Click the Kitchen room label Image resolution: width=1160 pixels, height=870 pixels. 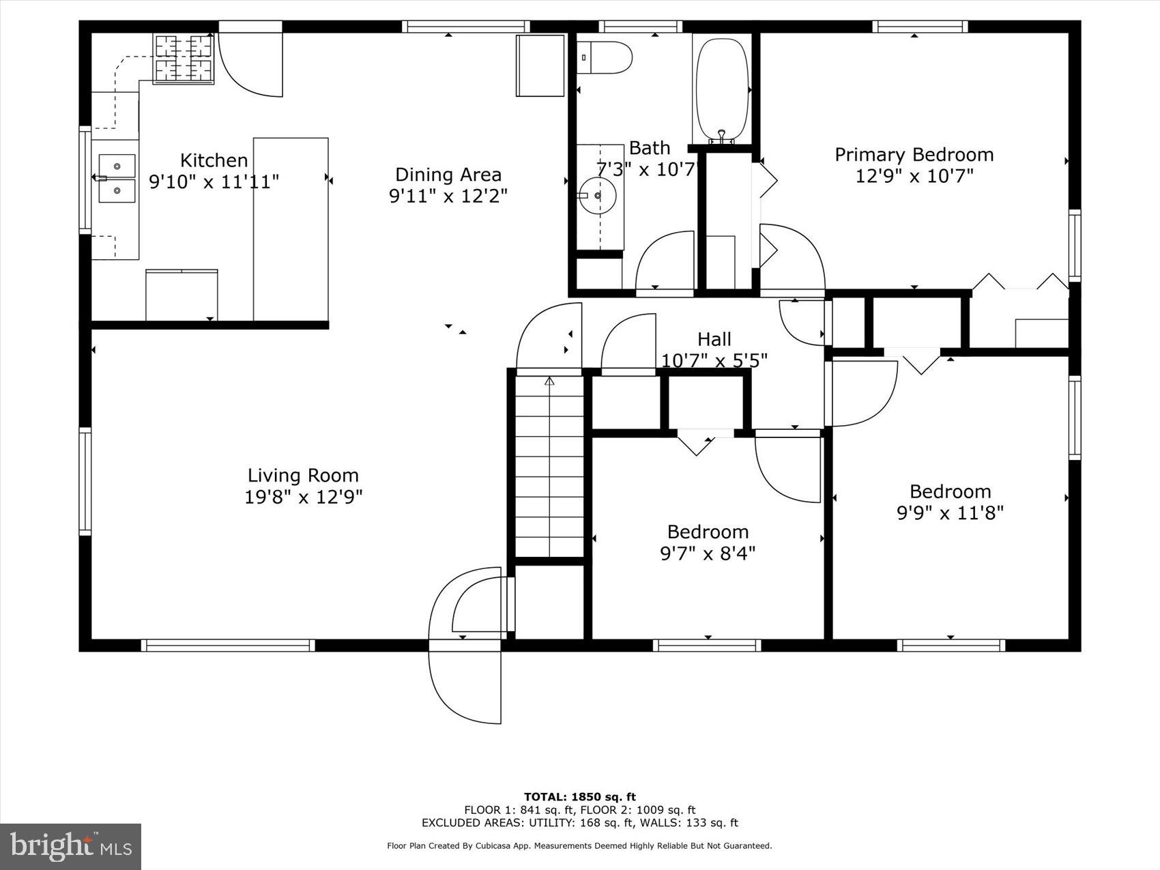(x=214, y=160)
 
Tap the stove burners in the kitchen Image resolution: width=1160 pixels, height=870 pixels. (x=184, y=59)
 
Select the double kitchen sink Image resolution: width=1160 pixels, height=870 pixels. (x=117, y=178)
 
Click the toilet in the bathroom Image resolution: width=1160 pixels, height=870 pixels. (x=604, y=58)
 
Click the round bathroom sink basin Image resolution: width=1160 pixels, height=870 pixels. (x=598, y=197)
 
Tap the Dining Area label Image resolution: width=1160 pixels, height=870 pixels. (x=448, y=175)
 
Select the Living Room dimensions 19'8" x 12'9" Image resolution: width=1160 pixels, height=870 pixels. (x=303, y=497)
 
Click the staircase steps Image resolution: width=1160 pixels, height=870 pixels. (x=549, y=467)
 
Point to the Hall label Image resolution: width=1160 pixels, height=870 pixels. (x=714, y=339)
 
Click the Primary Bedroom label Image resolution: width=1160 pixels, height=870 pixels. (x=914, y=155)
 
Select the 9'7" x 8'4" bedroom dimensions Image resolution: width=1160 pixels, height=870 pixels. (x=708, y=553)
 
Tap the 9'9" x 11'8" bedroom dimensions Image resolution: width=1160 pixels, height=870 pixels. (x=950, y=512)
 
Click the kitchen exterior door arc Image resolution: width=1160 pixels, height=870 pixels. (x=250, y=65)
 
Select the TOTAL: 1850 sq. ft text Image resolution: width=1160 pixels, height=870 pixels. (x=579, y=796)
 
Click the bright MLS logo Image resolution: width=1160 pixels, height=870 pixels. (x=70, y=846)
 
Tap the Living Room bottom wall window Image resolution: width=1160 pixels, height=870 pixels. (x=228, y=645)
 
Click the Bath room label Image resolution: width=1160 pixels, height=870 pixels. (x=649, y=148)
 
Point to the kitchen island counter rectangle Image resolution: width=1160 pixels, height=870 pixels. (x=291, y=229)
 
